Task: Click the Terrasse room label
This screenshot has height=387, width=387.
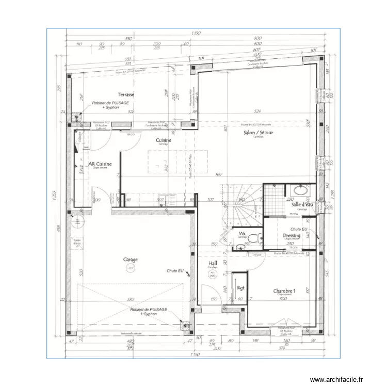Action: (125, 94)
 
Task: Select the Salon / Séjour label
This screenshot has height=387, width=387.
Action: (259, 133)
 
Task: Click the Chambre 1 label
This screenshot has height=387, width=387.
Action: (284, 291)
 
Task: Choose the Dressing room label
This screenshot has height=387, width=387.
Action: (292, 235)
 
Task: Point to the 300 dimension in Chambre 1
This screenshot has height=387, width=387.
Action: (283, 299)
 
